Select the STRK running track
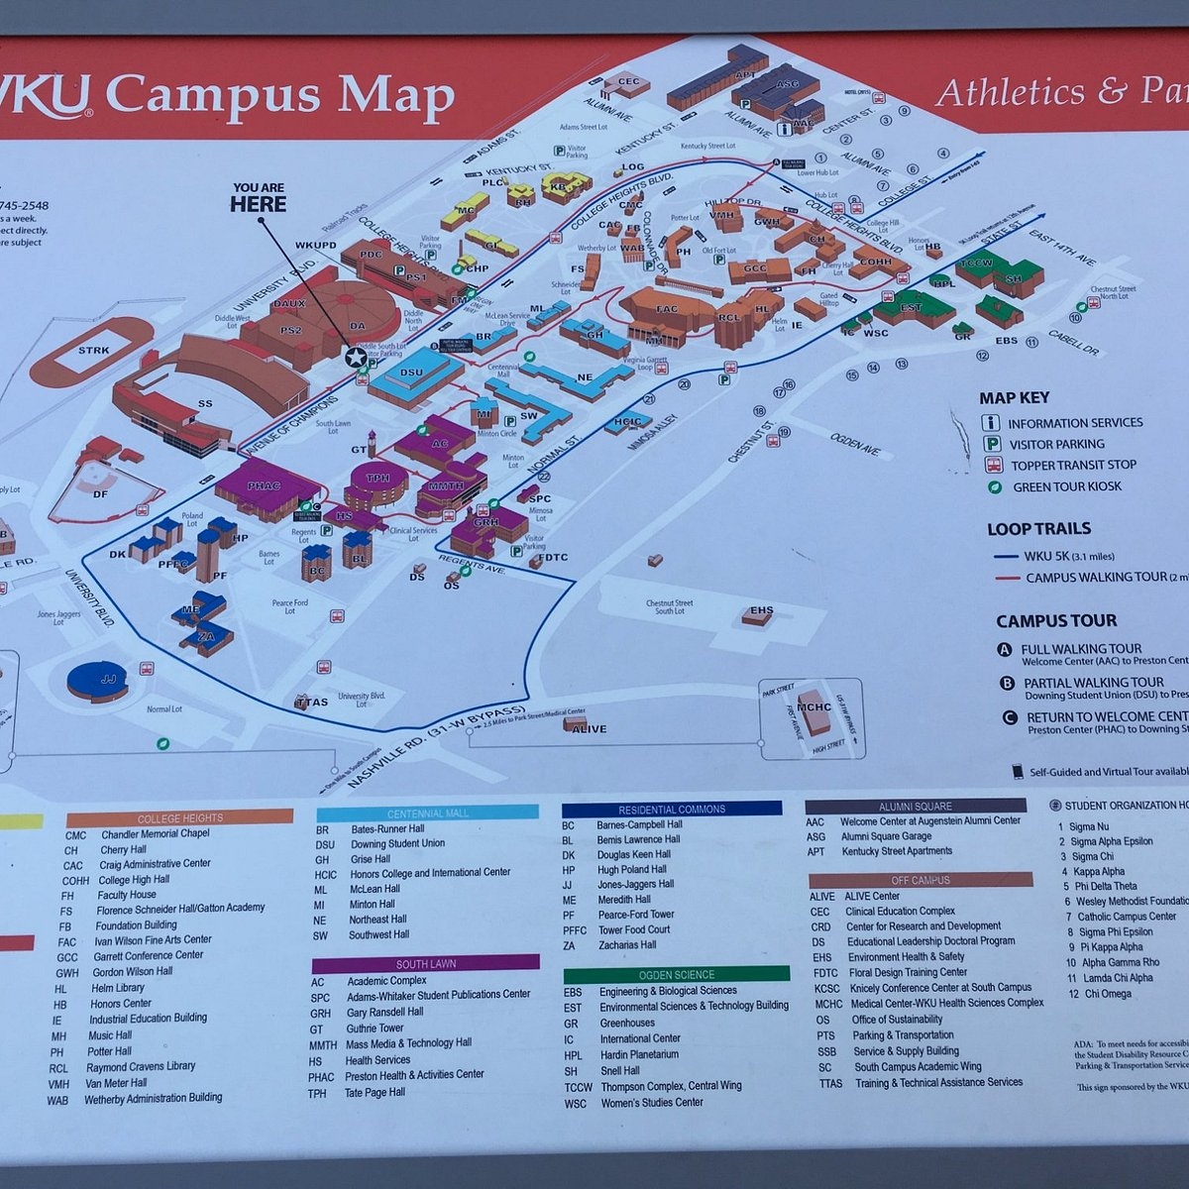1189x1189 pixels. coord(93,352)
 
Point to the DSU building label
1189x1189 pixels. coord(411,373)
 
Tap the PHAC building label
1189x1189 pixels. coord(265,486)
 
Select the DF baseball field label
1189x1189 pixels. coord(100,493)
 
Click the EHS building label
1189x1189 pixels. coord(761,611)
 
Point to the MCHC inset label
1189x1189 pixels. coord(813,707)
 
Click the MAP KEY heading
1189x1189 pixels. coord(1014,398)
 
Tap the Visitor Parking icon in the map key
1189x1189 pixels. coord(990,444)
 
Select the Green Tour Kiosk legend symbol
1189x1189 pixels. coord(991,487)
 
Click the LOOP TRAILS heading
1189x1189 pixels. coord(1038,529)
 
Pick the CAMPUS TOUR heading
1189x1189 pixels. coord(1055,621)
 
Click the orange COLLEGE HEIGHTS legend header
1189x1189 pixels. coord(179,818)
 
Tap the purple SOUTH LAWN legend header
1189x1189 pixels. coord(426,963)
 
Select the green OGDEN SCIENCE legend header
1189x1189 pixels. coord(677,974)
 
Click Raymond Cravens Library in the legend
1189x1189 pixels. coord(141,1067)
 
